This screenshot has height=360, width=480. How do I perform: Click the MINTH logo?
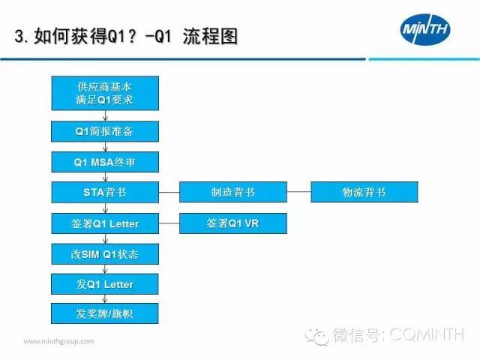[425, 29]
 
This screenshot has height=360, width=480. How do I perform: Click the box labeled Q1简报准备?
[105, 131]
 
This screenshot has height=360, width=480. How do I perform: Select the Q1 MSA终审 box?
[105, 162]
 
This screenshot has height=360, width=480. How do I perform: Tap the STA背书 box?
[105, 192]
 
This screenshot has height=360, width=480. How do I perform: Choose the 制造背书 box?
[233, 192]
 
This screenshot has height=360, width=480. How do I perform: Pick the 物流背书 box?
[364, 192]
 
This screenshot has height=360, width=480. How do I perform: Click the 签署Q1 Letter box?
[105, 223]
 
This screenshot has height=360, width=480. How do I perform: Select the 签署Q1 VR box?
[233, 223]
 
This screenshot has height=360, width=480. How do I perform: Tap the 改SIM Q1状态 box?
[105, 254]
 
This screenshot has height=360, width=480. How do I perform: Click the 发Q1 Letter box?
[105, 284]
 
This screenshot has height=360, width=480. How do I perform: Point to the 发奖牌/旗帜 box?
[105, 313]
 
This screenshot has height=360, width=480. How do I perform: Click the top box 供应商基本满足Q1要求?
[105, 93]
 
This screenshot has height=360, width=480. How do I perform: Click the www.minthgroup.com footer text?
[58, 341]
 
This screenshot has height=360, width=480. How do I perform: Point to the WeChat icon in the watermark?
[316, 336]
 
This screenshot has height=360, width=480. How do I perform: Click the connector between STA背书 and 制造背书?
[169, 192]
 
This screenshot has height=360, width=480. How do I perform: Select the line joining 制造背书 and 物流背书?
[298, 192]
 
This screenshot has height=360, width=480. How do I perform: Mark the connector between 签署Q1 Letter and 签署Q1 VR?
[169, 223]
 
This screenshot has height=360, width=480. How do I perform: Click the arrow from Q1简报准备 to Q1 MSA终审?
[105, 147]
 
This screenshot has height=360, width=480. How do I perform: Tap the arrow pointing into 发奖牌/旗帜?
[105, 298]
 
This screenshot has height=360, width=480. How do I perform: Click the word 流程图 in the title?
[210, 37]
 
